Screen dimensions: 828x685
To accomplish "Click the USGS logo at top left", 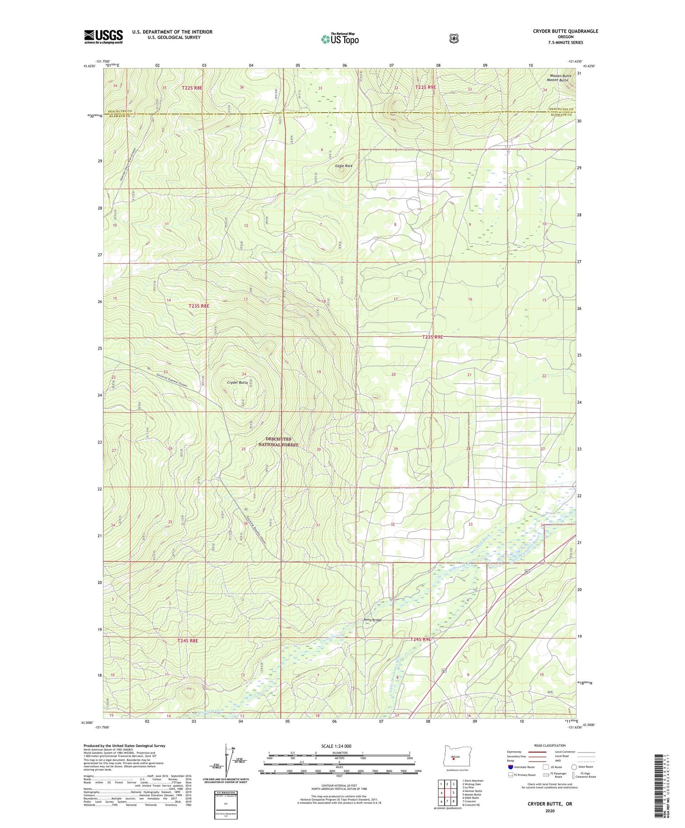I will click(x=103, y=37).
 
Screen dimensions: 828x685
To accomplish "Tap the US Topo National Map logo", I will click(x=339, y=39).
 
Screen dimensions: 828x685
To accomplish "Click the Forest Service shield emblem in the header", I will click(x=454, y=38).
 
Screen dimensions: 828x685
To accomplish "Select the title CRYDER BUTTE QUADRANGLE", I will click(x=565, y=31).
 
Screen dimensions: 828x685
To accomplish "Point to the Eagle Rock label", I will click(x=344, y=166).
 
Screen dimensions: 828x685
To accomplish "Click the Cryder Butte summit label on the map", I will click(x=237, y=382).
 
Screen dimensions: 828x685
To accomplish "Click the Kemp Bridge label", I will click(x=372, y=620).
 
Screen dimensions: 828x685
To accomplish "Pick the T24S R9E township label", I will click(x=420, y=639).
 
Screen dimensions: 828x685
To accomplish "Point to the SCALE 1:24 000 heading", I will click(x=336, y=746).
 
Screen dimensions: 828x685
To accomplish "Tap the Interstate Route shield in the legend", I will click(x=510, y=767).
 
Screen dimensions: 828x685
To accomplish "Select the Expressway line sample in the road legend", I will click(x=536, y=752).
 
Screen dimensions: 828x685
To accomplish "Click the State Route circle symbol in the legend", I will click(x=574, y=767).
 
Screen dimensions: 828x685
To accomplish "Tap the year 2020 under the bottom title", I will click(x=550, y=810).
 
